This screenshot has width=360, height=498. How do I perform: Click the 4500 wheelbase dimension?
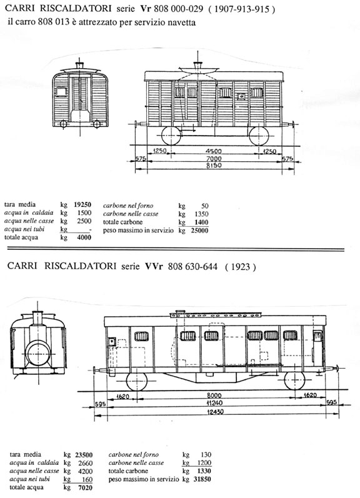[213, 151]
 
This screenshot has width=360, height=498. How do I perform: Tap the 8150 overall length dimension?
[214, 166]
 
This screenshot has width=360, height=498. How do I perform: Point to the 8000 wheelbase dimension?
[214, 396]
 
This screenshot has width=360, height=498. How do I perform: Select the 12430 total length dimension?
[216, 412]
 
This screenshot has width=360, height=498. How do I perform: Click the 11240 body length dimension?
[214, 403]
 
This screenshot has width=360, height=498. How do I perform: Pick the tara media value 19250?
[82, 204]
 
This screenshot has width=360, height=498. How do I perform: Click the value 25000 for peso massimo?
[199, 231]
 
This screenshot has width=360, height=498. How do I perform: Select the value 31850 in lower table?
[202, 479]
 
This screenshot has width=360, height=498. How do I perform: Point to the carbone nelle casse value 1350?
[201, 214]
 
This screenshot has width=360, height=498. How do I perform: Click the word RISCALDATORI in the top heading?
[76, 9]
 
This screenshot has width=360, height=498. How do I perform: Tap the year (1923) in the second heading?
[241, 267]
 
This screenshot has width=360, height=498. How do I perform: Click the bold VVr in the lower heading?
[154, 266]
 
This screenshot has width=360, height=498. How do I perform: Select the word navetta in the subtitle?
[182, 22]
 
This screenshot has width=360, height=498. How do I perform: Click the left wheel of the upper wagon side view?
[171, 136]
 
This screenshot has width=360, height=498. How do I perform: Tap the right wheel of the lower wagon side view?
[294, 380]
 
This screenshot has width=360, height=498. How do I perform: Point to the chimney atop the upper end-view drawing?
[80, 64]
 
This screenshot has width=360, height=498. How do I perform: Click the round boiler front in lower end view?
[38, 354]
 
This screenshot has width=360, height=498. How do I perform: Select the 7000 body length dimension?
[214, 159]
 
